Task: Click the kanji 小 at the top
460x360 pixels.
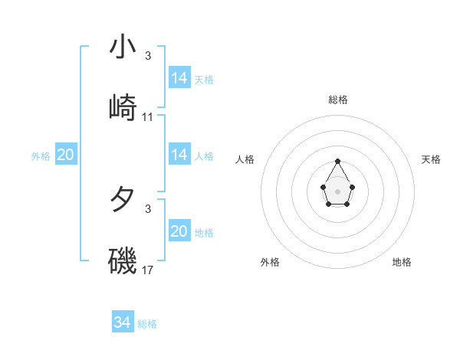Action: coord(123,47)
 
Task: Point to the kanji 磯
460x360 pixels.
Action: coord(123,260)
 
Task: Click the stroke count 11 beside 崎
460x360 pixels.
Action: coord(148,117)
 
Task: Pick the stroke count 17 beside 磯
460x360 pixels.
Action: coord(148,270)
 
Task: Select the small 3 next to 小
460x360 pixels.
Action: coord(148,56)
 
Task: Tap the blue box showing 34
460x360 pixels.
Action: coord(122,322)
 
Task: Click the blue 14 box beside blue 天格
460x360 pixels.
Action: coord(179,78)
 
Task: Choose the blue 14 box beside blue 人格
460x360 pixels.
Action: coord(179,155)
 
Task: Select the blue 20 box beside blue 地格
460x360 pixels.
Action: coord(179,231)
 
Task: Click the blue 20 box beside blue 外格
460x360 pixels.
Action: coord(65,155)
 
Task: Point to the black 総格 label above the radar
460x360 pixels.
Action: coord(337,100)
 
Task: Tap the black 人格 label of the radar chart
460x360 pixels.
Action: coord(245,159)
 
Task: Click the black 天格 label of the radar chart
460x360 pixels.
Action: coord(432,159)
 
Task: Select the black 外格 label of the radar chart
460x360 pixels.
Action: coord(270,262)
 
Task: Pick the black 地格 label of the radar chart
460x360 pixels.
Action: coord(402,262)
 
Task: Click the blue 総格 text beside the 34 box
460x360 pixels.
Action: coord(147,324)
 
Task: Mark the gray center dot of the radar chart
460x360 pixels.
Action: coord(337,191)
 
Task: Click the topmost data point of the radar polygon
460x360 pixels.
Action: coord(337,162)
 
